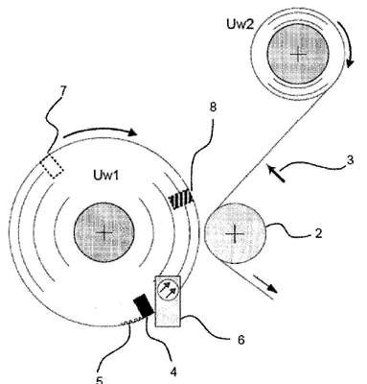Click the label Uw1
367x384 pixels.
tap(105, 176)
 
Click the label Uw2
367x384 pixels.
tap(241, 25)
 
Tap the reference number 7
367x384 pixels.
tap(62, 91)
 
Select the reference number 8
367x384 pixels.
tap(213, 108)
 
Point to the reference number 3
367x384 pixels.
tap(350, 159)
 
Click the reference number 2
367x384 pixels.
tap(318, 233)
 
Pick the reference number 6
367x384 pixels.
tap(241, 340)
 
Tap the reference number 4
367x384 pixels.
tap(173, 372)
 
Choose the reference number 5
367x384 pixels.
tap(100, 380)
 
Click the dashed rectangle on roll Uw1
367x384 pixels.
tap(52, 165)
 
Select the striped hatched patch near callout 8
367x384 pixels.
tap(181, 200)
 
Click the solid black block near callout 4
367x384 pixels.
tap(143, 305)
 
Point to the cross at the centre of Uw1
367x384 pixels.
tap(105, 233)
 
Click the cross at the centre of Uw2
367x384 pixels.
tap(299, 55)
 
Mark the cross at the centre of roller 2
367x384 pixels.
tap(235, 234)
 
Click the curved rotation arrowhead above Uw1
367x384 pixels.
tap(131, 132)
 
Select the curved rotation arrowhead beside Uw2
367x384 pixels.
tap(349, 62)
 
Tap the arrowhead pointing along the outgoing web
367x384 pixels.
tap(272, 288)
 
